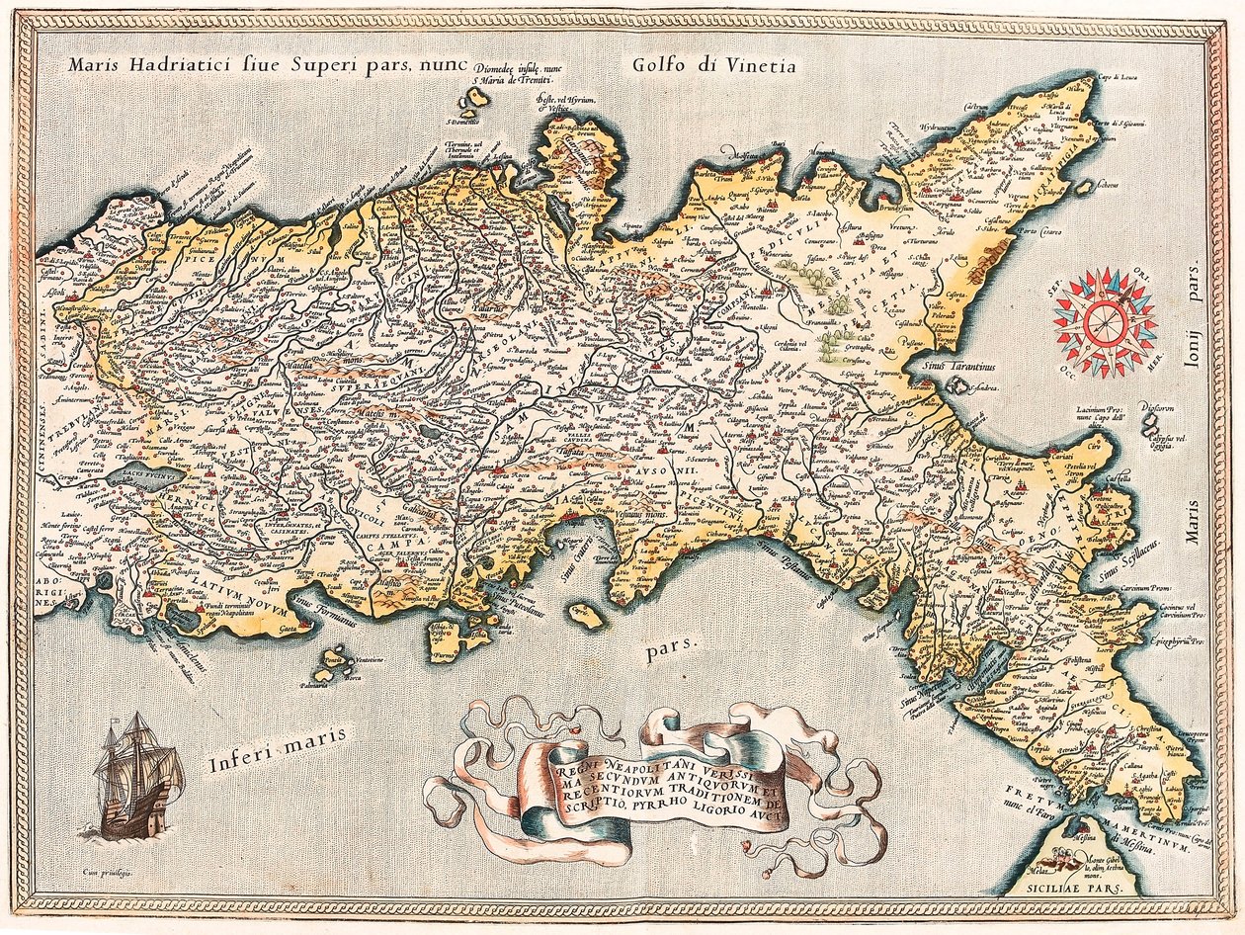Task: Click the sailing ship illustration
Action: [138, 775]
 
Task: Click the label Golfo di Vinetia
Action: [710, 65]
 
